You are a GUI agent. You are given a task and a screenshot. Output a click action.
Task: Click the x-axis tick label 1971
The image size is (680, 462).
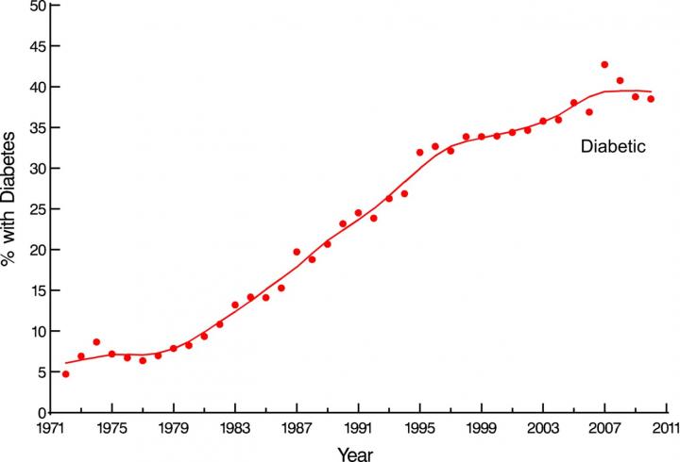coord(51,426)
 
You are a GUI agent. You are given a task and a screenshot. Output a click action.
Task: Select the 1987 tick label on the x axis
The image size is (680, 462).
coord(297,426)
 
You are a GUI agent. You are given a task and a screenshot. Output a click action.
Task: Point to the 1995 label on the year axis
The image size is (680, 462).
coord(420,426)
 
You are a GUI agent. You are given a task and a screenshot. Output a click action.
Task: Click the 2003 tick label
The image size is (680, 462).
coord(543,426)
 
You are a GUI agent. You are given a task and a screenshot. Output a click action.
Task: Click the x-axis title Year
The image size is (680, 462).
coord(359,452)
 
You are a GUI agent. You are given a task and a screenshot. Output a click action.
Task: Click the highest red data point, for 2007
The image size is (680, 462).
coord(604,65)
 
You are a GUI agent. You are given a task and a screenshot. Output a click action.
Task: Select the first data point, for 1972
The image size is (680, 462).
coord(65,374)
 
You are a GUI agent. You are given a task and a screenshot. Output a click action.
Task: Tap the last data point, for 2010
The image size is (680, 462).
coord(651,99)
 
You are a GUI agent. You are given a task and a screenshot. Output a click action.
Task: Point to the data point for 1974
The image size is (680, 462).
coord(96,342)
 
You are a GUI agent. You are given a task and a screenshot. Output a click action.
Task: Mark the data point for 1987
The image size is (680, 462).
coord(297,252)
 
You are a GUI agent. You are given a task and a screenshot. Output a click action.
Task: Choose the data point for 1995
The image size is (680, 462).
coord(419,153)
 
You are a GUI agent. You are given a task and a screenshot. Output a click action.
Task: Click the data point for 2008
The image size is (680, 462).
coord(620,81)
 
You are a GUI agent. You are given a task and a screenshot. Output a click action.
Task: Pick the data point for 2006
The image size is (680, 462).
coord(589,112)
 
